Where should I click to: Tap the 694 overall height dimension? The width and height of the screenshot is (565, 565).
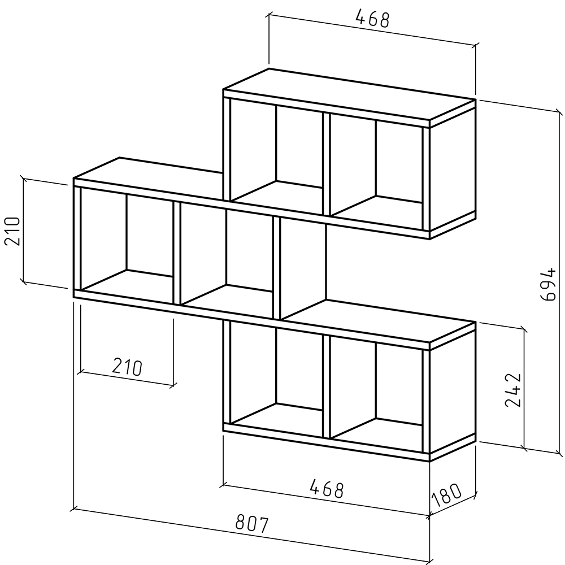click(549, 284)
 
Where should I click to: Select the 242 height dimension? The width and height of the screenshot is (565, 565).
click(513, 390)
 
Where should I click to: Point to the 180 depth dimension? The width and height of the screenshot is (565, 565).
click(446, 494)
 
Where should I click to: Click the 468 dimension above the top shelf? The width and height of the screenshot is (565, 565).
click(372, 18)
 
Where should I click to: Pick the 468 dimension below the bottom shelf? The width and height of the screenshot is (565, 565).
click(327, 489)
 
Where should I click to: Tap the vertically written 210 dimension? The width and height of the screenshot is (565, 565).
click(12, 231)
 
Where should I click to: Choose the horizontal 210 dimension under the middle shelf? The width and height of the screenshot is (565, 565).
click(127, 367)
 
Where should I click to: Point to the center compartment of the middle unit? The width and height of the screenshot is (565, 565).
click(227, 255)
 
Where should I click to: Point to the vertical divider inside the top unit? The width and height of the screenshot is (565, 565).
click(327, 164)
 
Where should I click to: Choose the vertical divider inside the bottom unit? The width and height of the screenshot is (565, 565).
click(327, 386)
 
